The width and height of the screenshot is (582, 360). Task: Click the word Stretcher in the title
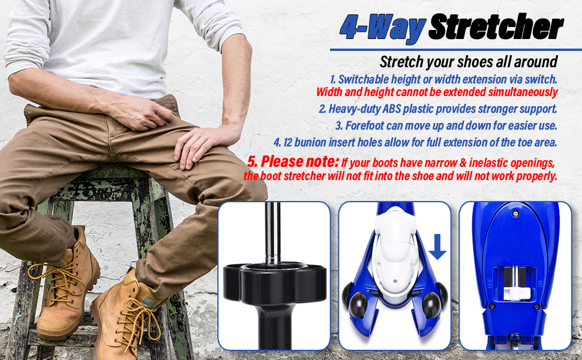[496, 27]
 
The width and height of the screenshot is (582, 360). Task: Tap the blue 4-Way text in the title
[383, 28]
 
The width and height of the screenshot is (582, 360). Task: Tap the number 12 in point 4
[288, 143]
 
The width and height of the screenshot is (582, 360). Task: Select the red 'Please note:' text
[299, 162]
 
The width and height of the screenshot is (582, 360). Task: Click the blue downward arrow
[437, 247]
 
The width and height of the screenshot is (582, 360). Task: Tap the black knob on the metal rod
[275, 281]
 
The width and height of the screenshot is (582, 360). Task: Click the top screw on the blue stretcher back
[515, 214]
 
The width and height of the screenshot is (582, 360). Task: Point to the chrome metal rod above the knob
[272, 233]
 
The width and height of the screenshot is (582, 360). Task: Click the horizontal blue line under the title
[456, 50]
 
